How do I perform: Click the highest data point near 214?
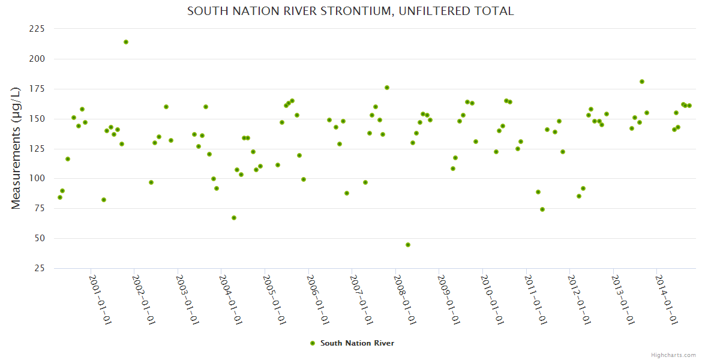coord(126,42)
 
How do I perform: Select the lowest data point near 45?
coord(408,245)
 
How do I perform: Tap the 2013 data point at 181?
coord(642,82)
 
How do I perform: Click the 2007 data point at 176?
coord(387,88)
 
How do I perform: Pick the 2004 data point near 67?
coord(234,218)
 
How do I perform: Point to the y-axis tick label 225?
coord(37,29)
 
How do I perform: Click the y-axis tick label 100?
coord(37,59)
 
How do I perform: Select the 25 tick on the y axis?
coord(40,268)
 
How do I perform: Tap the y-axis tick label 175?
coord(37,89)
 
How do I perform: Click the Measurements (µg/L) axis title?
coord(16,148)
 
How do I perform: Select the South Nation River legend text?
coord(357,343)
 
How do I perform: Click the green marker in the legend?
coord(312,343)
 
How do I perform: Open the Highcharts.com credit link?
coord(673,355)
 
